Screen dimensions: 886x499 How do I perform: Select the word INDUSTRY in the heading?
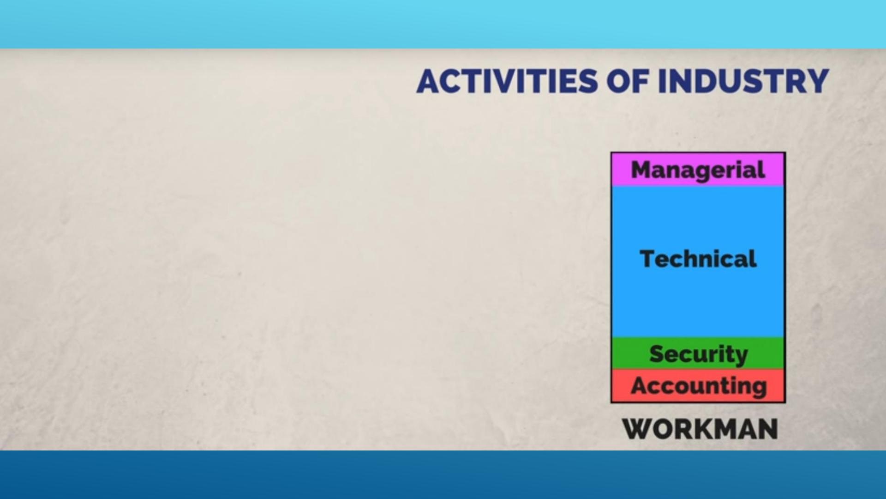coord(743,81)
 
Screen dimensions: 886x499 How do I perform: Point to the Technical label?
coord(698,259)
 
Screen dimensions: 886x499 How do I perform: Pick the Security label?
coord(698,355)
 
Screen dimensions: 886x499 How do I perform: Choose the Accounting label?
coord(699,386)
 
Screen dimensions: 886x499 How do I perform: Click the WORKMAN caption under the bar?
coord(700,429)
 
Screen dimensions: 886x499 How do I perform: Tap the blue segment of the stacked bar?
coord(698,262)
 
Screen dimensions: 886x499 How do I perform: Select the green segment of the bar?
coord(698,353)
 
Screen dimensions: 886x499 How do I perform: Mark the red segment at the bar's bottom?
coord(698,385)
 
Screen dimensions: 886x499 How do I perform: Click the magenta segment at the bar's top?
coord(698,170)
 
